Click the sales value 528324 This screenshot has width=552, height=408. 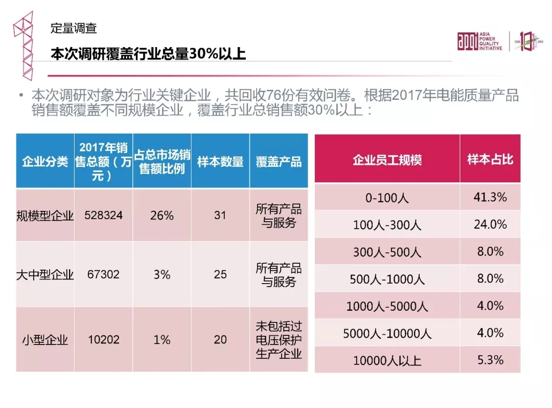click(x=104, y=215)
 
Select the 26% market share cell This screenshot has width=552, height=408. click(x=162, y=215)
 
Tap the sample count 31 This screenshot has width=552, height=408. click(x=220, y=215)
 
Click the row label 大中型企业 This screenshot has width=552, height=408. click(x=45, y=275)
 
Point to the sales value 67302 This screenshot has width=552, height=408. click(x=104, y=274)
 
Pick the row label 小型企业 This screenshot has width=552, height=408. click(x=45, y=340)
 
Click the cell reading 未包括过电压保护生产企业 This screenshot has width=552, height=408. click(x=279, y=339)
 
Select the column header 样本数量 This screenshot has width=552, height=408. click(x=220, y=161)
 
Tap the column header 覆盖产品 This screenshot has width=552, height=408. click(x=279, y=161)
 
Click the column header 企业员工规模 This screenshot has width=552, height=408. click(x=387, y=160)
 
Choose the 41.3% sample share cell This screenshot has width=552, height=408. click(x=490, y=197)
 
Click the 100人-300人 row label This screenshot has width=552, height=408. click(x=387, y=225)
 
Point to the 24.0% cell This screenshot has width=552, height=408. click(x=490, y=224)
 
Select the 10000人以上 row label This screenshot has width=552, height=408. click(x=387, y=360)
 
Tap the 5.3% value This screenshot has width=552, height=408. click(x=490, y=360)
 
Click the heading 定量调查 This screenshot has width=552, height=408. click(x=74, y=29)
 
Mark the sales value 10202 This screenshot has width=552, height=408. click(x=104, y=339)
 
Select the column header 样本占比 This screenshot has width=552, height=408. click(x=490, y=160)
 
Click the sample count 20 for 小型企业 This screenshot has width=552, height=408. click(x=220, y=339)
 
